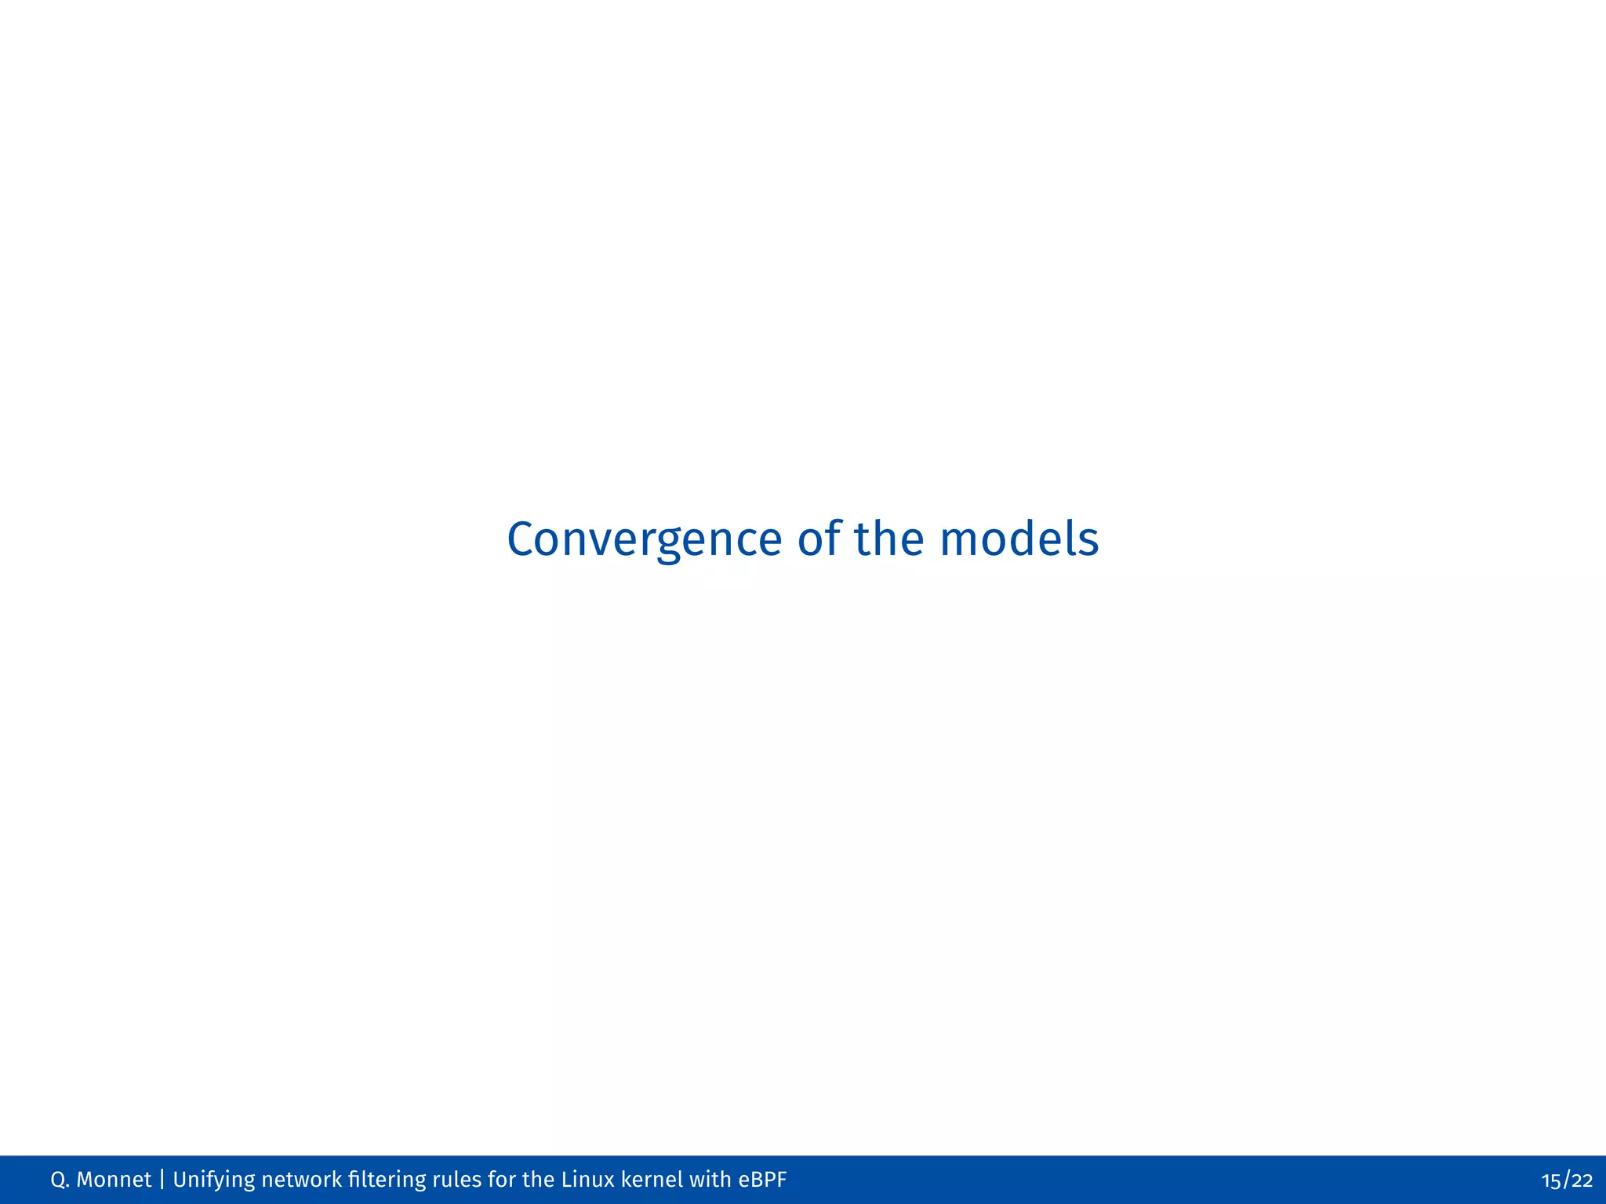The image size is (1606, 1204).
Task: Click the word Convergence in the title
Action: tap(644, 539)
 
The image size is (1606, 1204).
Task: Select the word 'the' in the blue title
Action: tap(888, 539)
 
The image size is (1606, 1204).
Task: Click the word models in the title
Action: tap(1019, 539)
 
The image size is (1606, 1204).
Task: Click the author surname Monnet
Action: tap(114, 1180)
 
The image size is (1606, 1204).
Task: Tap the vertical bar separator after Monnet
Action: tap(162, 1180)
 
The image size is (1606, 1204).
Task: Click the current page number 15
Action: tap(1550, 1180)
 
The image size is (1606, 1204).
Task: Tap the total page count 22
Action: tap(1582, 1180)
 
